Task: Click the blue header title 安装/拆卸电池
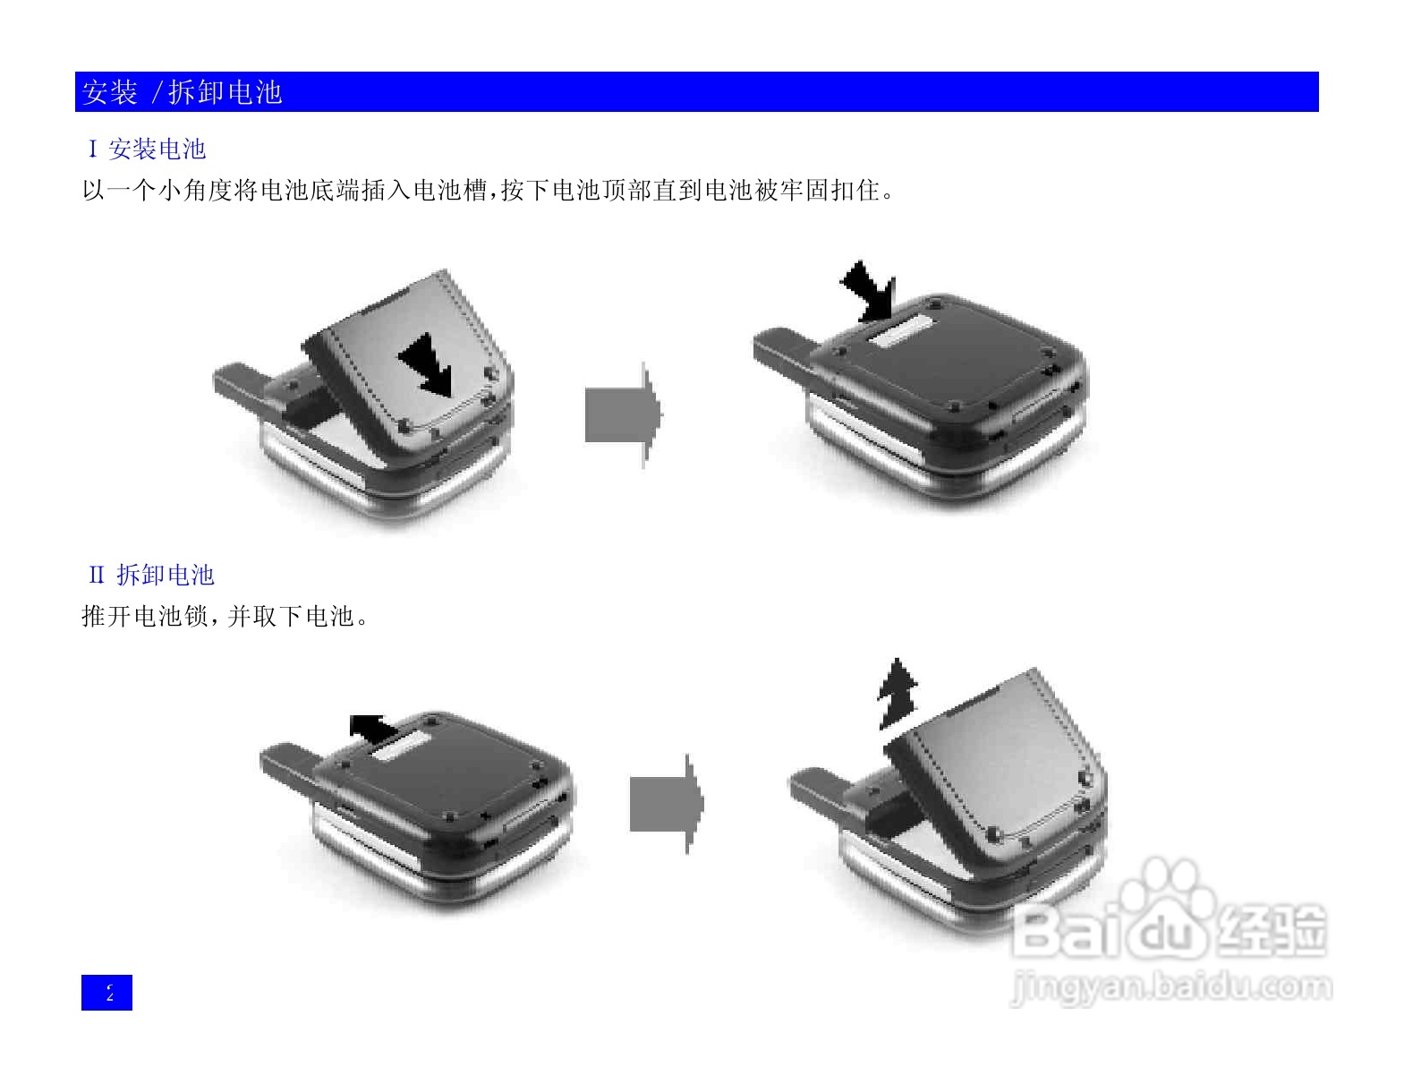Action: coord(183,92)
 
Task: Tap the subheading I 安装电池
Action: coord(148,149)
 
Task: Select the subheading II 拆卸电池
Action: coord(152,576)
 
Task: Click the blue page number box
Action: coord(106,993)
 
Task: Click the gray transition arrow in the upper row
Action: coord(623,414)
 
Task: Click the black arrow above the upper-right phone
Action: coord(869,292)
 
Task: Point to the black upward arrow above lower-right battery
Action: coord(897,695)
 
